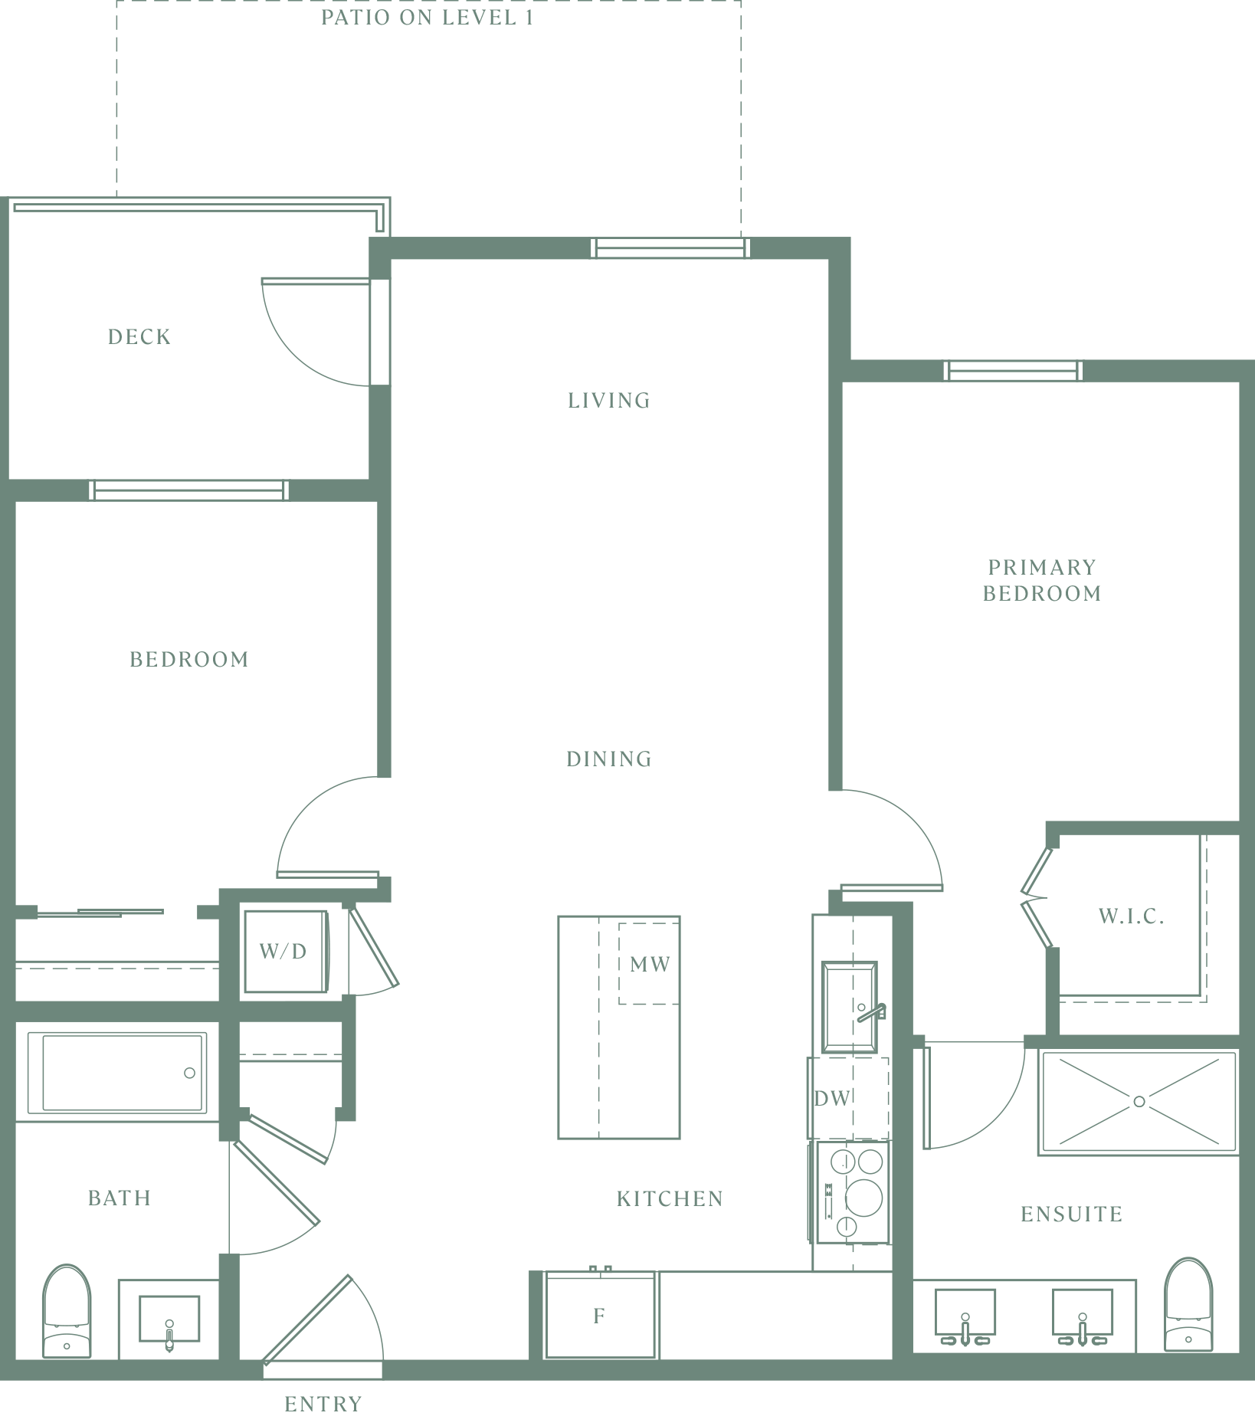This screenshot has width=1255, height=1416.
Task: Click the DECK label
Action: [139, 336]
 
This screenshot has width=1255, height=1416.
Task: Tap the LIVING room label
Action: [609, 400]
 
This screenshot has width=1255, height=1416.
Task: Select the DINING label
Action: [609, 759]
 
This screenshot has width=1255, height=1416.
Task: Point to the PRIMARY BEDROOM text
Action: [1042, 580]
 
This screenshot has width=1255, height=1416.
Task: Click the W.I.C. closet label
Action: [1132, 916]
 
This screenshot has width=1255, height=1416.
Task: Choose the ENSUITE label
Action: [1072, 1214]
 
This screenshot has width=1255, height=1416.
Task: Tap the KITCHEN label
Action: [670, 1198]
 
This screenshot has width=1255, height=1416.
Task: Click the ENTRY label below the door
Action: [323, 1404]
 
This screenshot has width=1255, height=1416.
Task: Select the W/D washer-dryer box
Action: [285, 952]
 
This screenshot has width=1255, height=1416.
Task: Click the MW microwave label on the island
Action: [650, 964]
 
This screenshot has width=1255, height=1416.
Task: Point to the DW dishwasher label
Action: [833, 1098]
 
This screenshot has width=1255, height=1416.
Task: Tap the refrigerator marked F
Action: [600, 1315]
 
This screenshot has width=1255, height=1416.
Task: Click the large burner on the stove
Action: [864, 1197]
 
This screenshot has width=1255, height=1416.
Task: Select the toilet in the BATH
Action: [67, 1311]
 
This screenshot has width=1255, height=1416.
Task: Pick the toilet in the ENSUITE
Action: [1188, 1304]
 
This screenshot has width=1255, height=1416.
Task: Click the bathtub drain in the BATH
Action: [189, 1073]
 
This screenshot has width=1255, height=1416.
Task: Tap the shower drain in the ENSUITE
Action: [1139, 1101]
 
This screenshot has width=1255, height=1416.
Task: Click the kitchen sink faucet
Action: [872, 1013]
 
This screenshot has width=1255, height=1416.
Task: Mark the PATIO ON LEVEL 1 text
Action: [428, 18]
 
